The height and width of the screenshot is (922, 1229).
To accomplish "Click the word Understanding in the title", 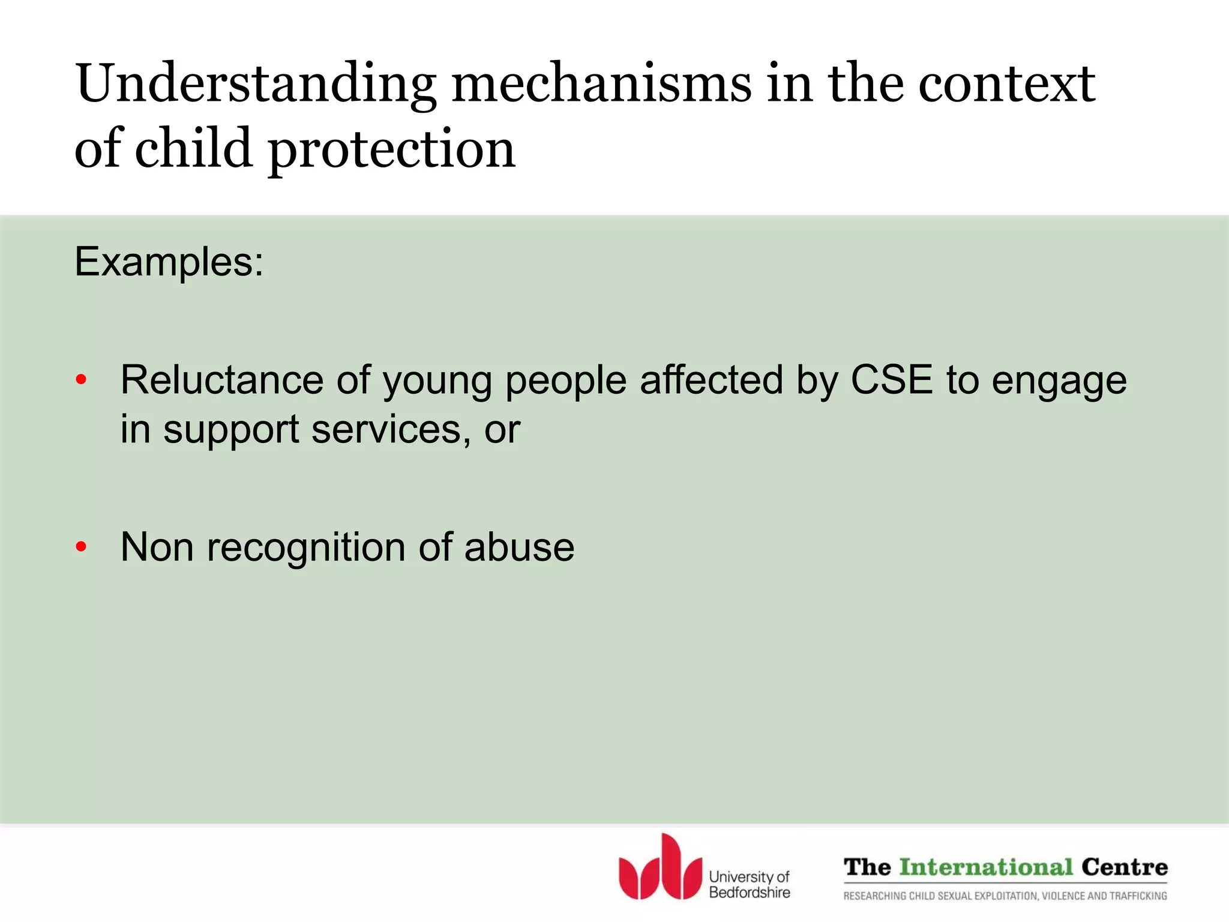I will click(x=256, y=84).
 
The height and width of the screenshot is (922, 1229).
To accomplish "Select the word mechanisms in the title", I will click(x=601, y=84).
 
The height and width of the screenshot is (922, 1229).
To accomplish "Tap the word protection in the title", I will click(x=391, y=150).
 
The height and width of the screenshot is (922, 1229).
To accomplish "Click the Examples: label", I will click(x=169, y=262).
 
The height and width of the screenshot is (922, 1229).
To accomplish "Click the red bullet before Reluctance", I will click(x=82, y=380).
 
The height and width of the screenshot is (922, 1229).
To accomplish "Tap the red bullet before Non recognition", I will click(x=82, y=547).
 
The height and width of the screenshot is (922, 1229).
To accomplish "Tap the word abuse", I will click(x=519, y=547).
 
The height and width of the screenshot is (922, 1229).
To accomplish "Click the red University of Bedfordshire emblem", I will click(x=660, y=868).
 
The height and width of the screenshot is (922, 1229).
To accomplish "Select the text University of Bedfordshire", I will click(x=750, y=885).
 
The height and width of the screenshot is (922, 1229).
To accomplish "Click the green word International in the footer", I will click(x=986, y=867).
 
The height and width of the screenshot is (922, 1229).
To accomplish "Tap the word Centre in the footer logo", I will click(x=1125, y=867).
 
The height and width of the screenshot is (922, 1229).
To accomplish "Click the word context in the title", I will click(x=1007, y=84).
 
